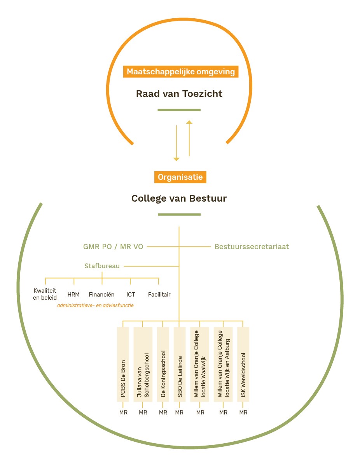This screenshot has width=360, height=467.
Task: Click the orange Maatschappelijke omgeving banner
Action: (x=180, y=72)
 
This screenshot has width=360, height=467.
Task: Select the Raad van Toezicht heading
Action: (x=179, y=94)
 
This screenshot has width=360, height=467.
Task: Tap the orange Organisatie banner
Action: (x=180, y=177)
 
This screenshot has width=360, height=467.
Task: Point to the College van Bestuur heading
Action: (x=179, y=198)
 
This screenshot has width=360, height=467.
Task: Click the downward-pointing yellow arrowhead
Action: (x=176, y=159)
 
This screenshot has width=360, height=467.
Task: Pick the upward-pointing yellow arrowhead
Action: (x=189, y=122)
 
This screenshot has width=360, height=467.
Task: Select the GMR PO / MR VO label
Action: (x=113, y=246)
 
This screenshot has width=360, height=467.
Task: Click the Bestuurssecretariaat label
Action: (x=252, y=246)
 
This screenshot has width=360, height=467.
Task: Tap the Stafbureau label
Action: (x=102, y=266)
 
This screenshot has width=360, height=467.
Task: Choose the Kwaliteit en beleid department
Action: (x=45, y=294)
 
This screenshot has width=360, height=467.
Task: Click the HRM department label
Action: (x=73, y=295)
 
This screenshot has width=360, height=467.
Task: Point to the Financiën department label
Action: (x=101, y=295)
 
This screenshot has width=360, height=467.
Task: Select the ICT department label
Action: (x=131, y=295)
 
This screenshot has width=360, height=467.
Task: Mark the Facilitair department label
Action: (x=159, y=295)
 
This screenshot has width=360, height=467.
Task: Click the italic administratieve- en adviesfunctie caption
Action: (x=95, y=305)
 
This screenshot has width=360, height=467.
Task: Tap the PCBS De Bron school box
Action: (x=123, y=364)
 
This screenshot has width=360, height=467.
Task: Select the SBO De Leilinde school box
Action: (x=180, y=364)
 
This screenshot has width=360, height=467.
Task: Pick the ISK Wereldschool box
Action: (x=243, y=364)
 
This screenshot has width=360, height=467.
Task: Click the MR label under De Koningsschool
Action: (x=163, y=413)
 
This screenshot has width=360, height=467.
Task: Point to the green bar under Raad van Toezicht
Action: (x=179, y=110)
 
